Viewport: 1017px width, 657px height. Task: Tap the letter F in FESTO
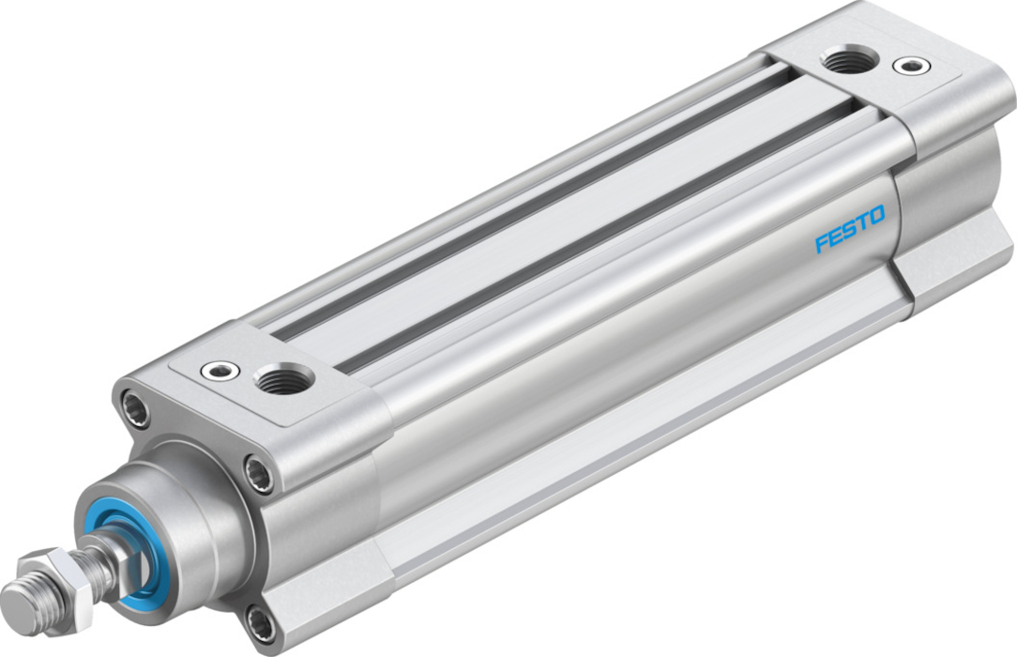(822, 244)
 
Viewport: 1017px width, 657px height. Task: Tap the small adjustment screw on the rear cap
(911, 65)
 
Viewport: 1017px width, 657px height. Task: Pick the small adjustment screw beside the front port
(220, 371)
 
